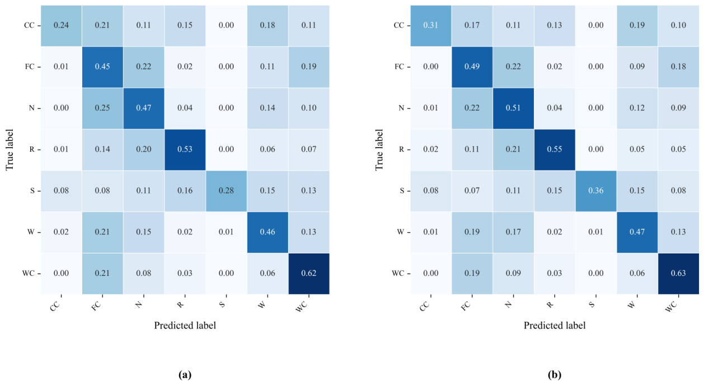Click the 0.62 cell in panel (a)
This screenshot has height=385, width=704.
pos(308,274)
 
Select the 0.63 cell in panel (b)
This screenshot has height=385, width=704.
pos(678,274)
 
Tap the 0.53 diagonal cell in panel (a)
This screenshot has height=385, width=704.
pos(185,149)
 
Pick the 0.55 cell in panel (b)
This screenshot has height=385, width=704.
pos(555,149)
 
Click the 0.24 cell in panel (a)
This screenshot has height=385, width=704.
pos(61,26)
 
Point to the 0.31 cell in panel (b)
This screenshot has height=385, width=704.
pos(430,26)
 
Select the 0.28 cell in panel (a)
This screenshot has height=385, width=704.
pos(226,191)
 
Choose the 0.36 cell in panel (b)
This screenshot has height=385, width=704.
pos(596,191)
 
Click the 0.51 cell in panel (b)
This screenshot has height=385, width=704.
pos(513,109)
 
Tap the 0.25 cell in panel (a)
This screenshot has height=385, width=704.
pos(102,109)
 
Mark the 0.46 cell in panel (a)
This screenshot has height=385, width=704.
pos(267,232)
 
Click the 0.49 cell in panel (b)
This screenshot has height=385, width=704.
pos(472,67)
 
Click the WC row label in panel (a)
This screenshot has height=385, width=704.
pos(29,274)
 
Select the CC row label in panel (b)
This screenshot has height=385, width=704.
pos(399,25)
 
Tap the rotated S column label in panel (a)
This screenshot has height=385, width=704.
pos(222,304)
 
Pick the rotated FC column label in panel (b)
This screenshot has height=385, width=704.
pos(466,306)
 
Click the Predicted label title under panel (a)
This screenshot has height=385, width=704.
pos(185,326)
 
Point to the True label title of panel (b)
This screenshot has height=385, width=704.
pos(379,149)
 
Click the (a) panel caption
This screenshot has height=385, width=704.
pos(185,374)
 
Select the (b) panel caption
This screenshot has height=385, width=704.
pos(555,374)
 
